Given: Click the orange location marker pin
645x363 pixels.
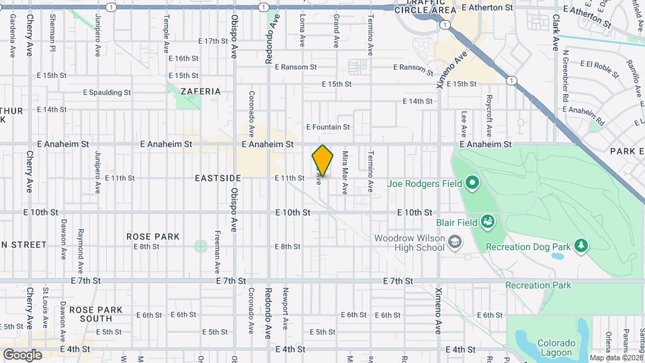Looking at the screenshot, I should coord(322,161).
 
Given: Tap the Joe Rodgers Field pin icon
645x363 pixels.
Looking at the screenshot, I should coord(472,182).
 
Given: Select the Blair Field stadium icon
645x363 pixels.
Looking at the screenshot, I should coord(488,222).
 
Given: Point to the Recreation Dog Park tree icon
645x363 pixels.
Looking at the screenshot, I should coord(581,246).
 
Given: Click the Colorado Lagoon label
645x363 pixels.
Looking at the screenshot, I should coord(554,347).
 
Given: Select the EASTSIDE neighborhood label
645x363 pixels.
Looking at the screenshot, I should coord(218,178).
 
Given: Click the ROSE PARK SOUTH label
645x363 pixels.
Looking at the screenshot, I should coord(100,314).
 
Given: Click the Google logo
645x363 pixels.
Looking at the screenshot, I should coord(22,354).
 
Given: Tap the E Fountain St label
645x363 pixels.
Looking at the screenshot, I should coord(328,126).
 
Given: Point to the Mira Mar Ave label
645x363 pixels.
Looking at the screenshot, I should coord(345,173).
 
